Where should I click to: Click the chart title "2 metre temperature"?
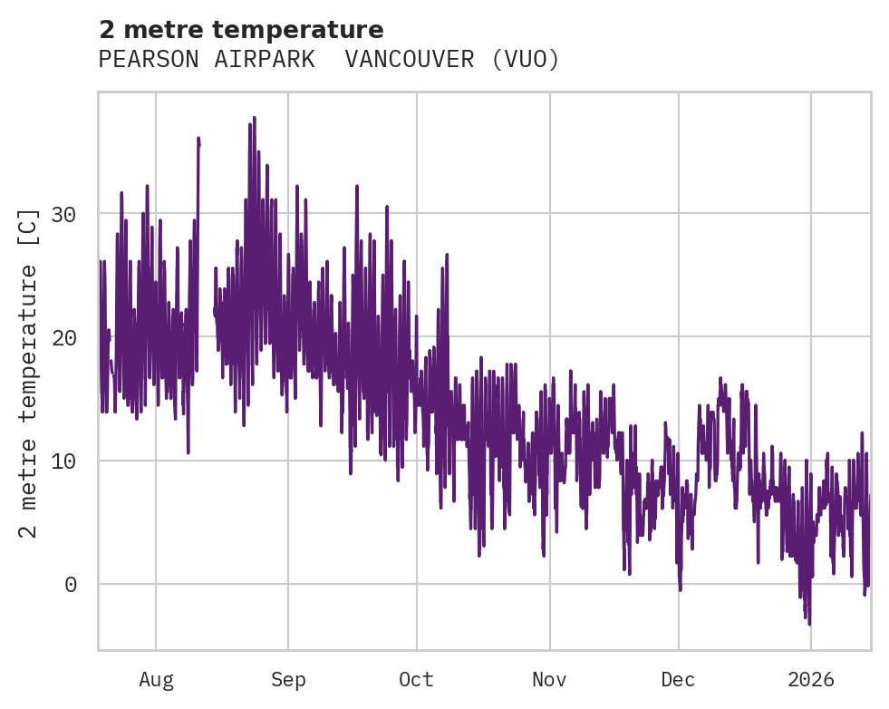(x=241, y=30)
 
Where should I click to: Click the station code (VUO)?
(x=526, y=60)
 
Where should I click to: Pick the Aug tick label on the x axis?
(x=156, y=680)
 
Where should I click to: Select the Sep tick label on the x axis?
(x=288, y=680)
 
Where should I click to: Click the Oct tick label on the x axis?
(x=417, y=680)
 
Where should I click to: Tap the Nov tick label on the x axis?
(x=549, y=680)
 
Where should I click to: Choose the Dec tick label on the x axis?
(x=678, y=680)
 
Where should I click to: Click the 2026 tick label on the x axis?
(x=810, y=680)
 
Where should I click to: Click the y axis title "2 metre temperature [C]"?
(x=30, y=372)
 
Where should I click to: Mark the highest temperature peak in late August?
(x=254, y=118)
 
